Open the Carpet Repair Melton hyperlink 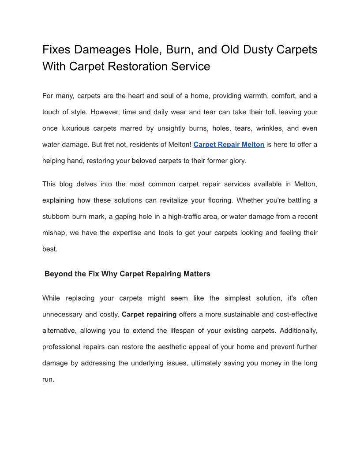pyautogui.click(x=229, y=144)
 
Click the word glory pyautogui.click(x=236, y=161)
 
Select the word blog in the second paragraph pyautogui.click(x=70, y=184)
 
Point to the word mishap pyautogui.click(x=53, y=233)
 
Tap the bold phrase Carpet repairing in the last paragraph pyautogui.click(x=149, y=315)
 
